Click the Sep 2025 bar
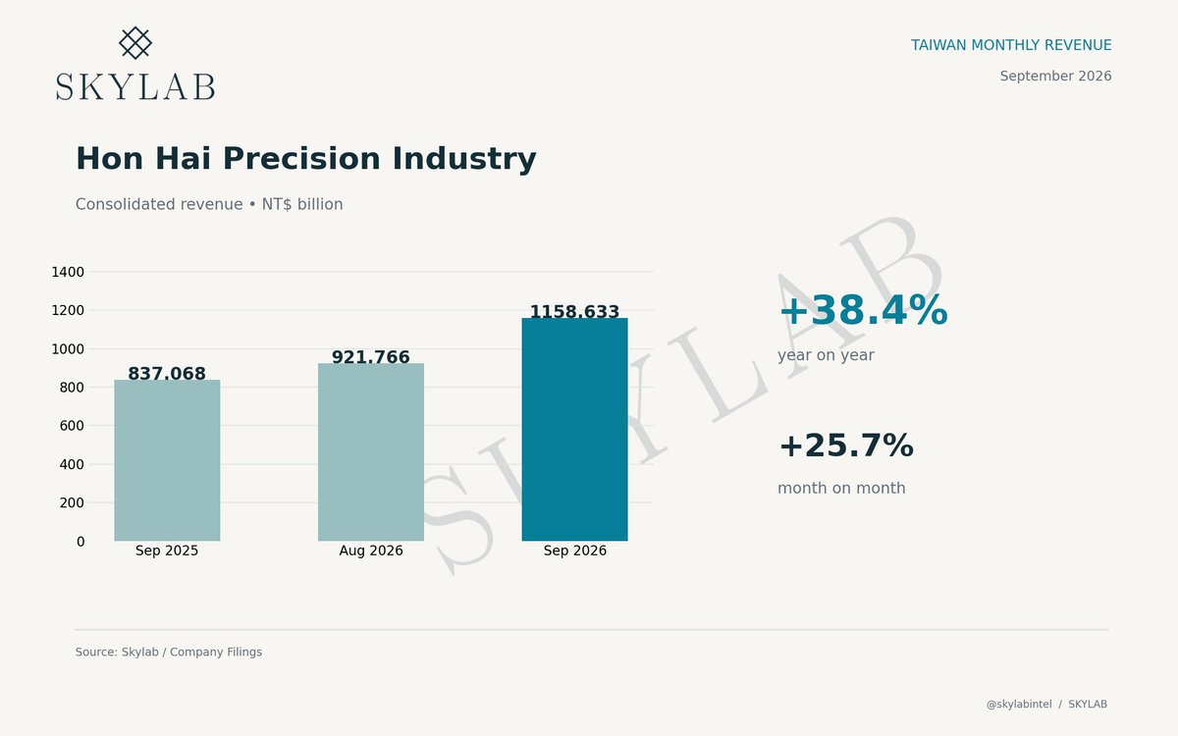pyautogui.click(x=167, y=460)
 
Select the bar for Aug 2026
pyautogui.click(x=371, y=452)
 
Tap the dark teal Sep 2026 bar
pyautogui.click(x=575, y=430)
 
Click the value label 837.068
pyautogui.click(x=167, y=373)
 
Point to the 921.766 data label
pyautogui.click(x=371, y=357)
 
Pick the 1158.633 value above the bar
pyautogui.click(x=575, y=312)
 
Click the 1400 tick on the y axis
pyautogui.click(x=68, y=272)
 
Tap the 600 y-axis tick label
pyautogui.click(x=72, y=425)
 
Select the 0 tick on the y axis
pyautogui.click(x=80, y=542)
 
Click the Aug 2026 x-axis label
pyautogui.click(x=371, y=551)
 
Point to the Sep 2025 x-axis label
pyautogui.click(x=167, y=551)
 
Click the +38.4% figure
pyautogui.click(x=864, y=310)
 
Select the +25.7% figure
pyautogui.click(x=846, y=446)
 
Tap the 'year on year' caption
pyautogui.click(x=826, y=355)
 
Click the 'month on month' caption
pyautogui.click(x=841, y=488)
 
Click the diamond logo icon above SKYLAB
pyautogui.click(x=135, y=42)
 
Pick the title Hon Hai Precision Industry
pyautogui.click(x=306, y=158)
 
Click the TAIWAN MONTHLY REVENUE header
pyautogui.click(x=1011, y=45)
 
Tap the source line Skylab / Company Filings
pyautogui.click(x=168, y=652)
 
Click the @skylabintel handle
pyautogui.click(x=1019, y=704)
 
